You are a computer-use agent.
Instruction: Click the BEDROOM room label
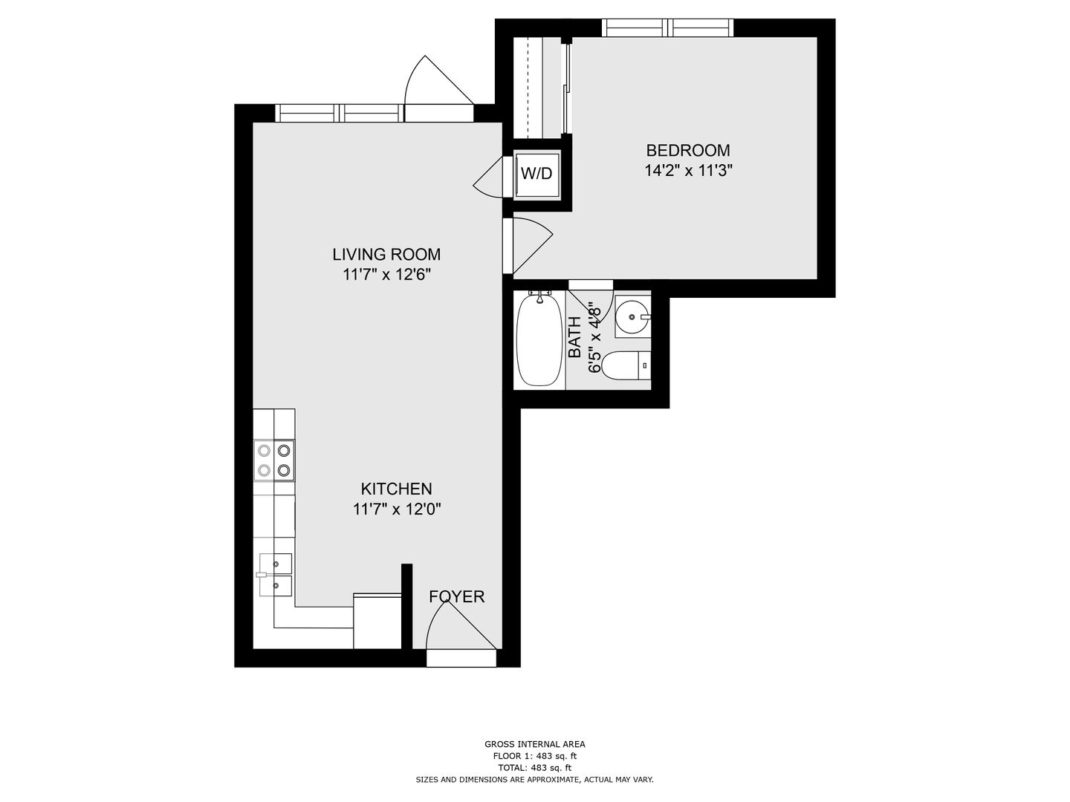coord(688,150)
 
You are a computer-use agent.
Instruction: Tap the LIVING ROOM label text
coord(386,254)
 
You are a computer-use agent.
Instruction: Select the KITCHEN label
coord(396,489)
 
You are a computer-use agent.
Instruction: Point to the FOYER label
coord(457,596)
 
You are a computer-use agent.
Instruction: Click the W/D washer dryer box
coord(536,173)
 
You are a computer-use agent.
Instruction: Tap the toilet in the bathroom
coord(626,365)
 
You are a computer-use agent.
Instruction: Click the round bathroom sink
coord(632,316)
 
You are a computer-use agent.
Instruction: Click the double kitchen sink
coord(275,575)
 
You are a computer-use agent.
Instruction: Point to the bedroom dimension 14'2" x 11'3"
coord(689,171)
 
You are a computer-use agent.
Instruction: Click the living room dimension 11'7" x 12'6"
coord(387,275)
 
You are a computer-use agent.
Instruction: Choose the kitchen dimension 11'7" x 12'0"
coord(397,509)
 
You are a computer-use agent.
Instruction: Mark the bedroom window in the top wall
coord(667,27)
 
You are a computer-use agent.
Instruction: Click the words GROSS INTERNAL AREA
coord(535,744)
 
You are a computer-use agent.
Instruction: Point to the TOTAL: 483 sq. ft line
coord(534,768)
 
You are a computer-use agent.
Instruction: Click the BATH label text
coord(575,337)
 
